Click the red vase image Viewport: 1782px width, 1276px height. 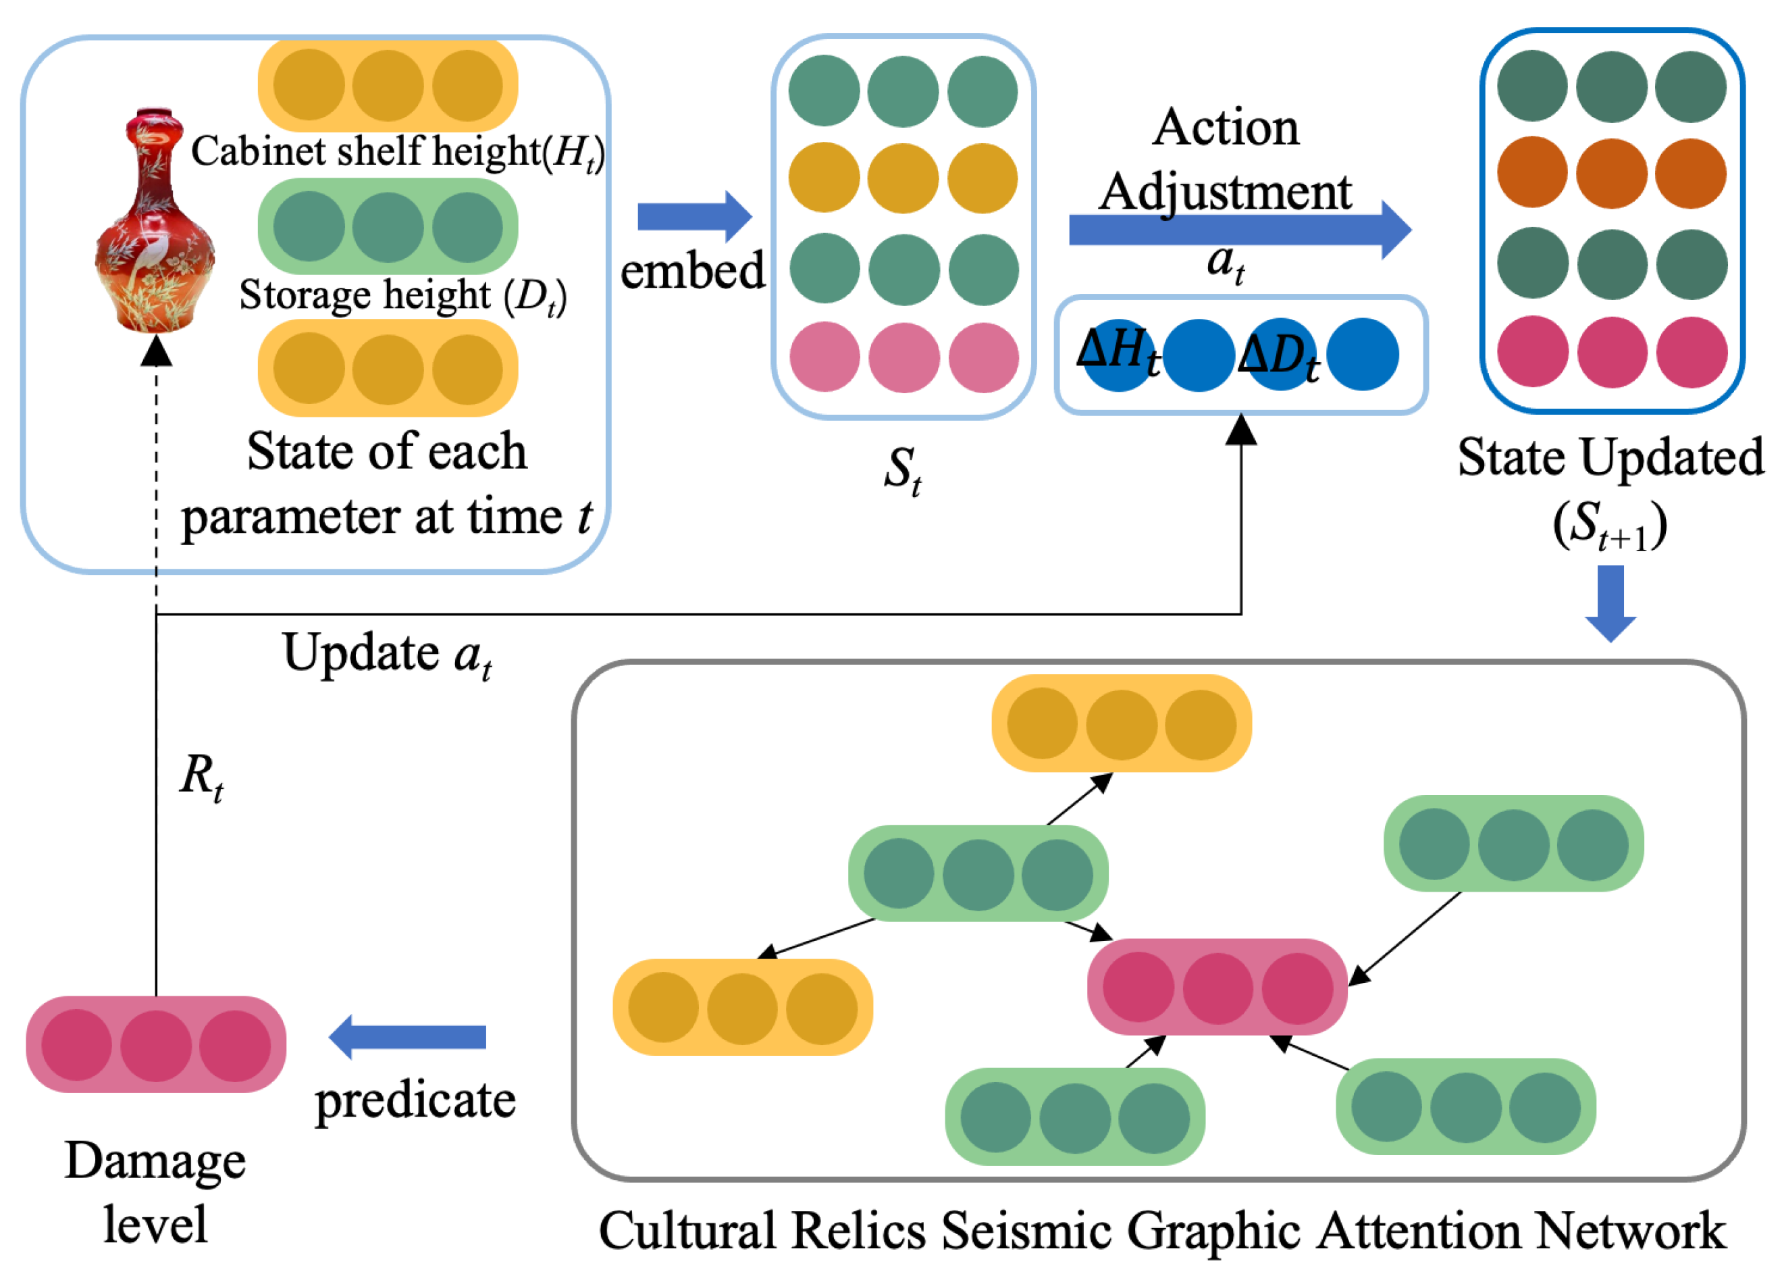(155, 220)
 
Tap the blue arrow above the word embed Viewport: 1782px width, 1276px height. (694, 216)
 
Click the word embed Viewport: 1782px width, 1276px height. (692, 270)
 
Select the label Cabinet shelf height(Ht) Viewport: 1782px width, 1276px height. (398, 151)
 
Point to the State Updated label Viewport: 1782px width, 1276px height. (1610, 457)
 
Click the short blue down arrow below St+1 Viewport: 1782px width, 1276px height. (1610, 603)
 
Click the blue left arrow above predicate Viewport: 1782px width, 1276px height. (407, 1037)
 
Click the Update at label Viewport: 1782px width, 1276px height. (387, 655)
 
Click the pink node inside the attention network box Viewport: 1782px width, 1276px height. (1217, 988)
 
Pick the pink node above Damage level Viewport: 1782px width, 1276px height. (156, 1045)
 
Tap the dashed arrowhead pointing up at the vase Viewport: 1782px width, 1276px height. (156, 351)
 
